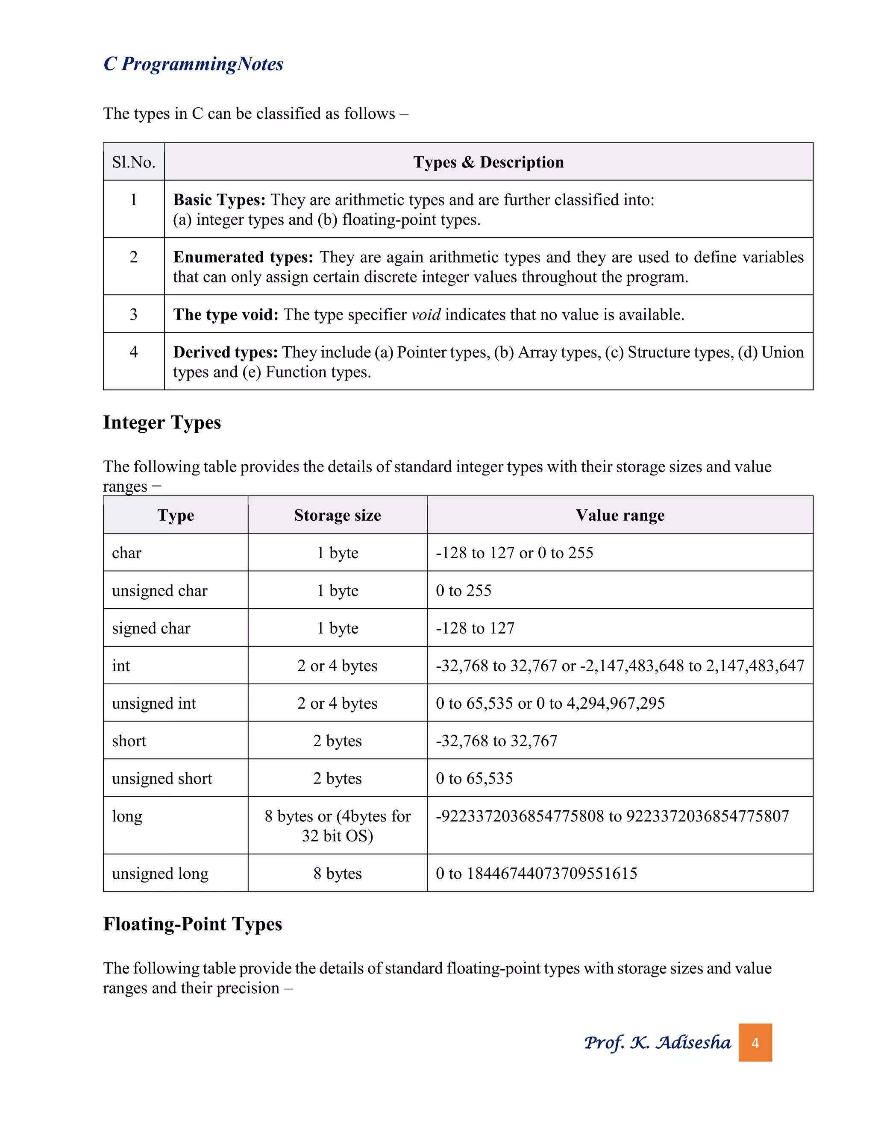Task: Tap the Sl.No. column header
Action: (x=134, y=162)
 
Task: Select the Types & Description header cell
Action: (x=488, y=162)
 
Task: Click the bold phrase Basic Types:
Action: (x=219, y=200)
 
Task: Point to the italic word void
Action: (x=426, y=315)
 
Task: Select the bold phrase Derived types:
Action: (x=225, y=352)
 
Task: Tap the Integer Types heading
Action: (x=162, y=422)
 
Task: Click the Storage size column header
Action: (x=338, y=515)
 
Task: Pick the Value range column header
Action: (x=620, y=515)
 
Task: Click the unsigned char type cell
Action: (x=160, y=590)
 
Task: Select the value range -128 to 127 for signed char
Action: (x=476, y=628)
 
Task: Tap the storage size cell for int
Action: (x=338, y=666)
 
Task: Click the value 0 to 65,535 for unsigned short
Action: (x=474, y=778)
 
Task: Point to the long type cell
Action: (x=127, y=816)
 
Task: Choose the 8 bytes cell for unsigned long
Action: (x=338, y=874)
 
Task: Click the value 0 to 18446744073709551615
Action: (x=537, y=874)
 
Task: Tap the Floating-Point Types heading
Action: (x=192, y=924)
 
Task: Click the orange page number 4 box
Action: (x=755, y=1043)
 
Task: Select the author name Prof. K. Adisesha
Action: (x=657, y=1043)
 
